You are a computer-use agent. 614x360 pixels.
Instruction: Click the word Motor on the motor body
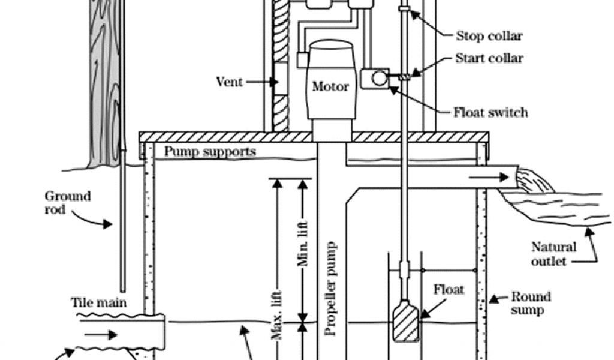pos(330,86)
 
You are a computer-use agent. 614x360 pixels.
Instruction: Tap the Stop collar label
pos(489,36)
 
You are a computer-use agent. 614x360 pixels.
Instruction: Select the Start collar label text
pos(489,58)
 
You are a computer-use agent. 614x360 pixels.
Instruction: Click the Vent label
pos(229,81)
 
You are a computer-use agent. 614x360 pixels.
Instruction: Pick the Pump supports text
pos(210,151)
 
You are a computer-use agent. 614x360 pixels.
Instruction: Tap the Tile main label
pos(98,302)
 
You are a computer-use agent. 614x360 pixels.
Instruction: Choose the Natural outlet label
pos(554,254)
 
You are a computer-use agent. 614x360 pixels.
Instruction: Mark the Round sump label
pos(531,303)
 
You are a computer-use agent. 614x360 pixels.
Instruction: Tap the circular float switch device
pos(378,78)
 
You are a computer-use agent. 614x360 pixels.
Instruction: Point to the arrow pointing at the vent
pos(259,81)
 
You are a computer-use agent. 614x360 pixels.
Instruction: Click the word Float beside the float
pos(449,290)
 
